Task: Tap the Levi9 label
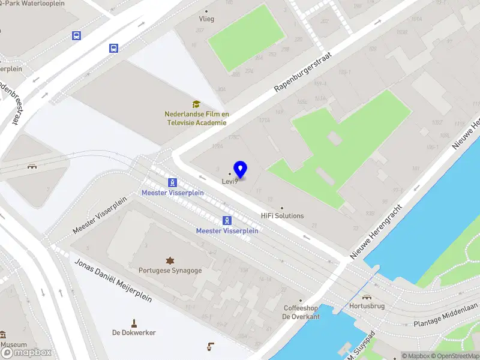(x=230, y=181)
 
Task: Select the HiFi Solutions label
(x=282, y=216)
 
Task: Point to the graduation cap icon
(x=196, y=104)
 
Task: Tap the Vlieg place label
(x=206, y=19)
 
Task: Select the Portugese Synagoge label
(x=170, y=270)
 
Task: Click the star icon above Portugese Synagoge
(x=170, y=260)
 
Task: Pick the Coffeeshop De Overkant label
(x=301, y=312)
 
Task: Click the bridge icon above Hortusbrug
(x=365, y=295)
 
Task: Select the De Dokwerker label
(x=134, y=332)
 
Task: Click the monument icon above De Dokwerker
(x=134, y=322)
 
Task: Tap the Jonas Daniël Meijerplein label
(x=113, y=282)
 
